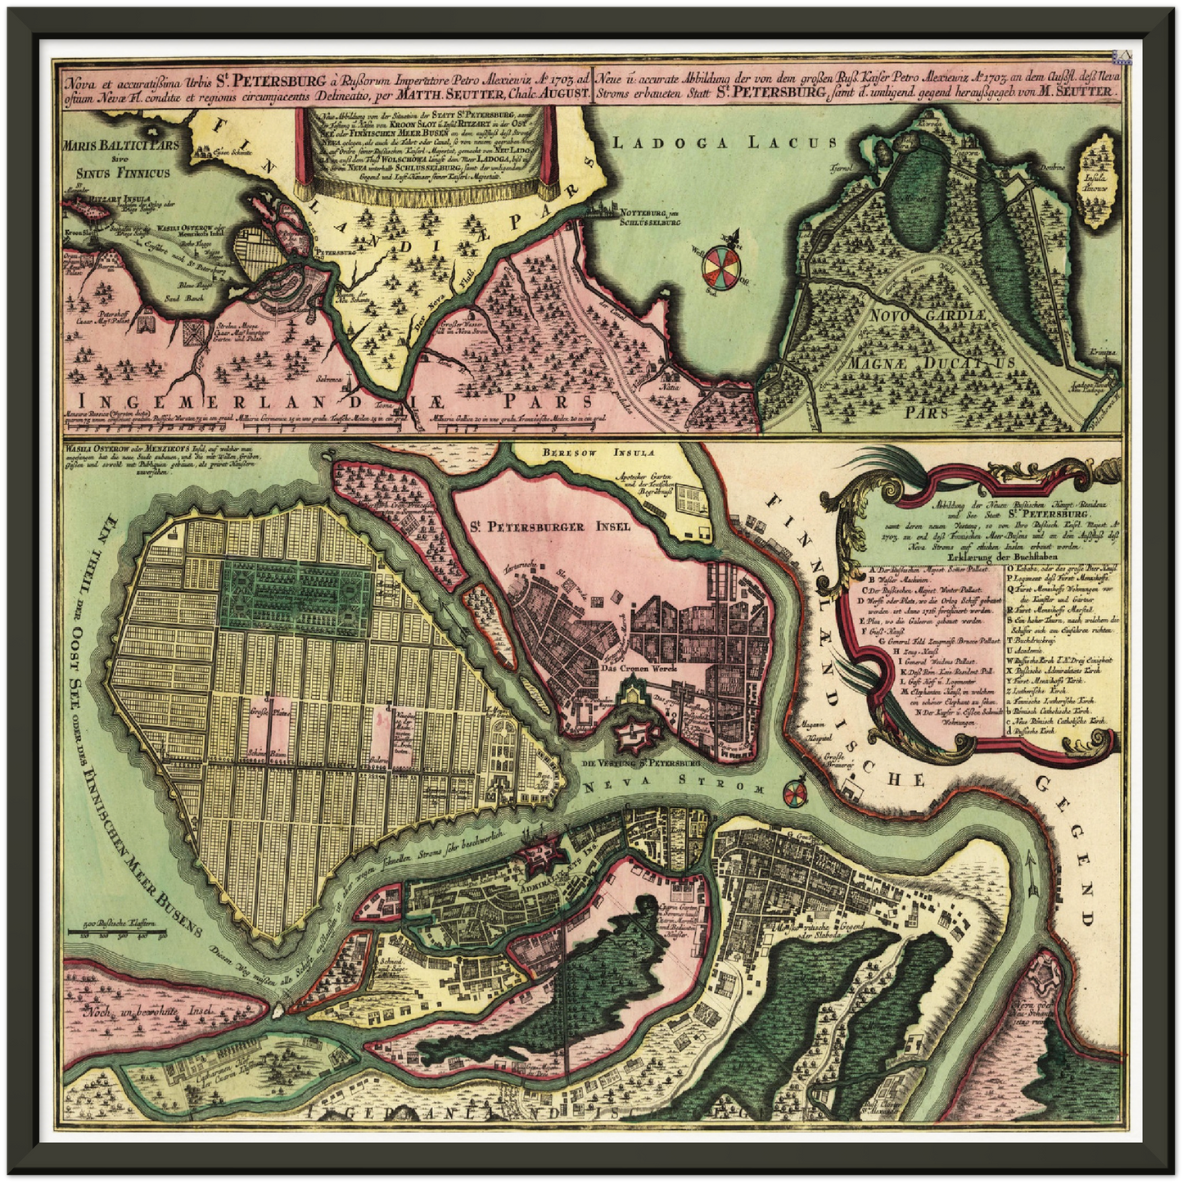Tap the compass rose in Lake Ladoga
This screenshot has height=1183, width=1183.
[x=723, y=263]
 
